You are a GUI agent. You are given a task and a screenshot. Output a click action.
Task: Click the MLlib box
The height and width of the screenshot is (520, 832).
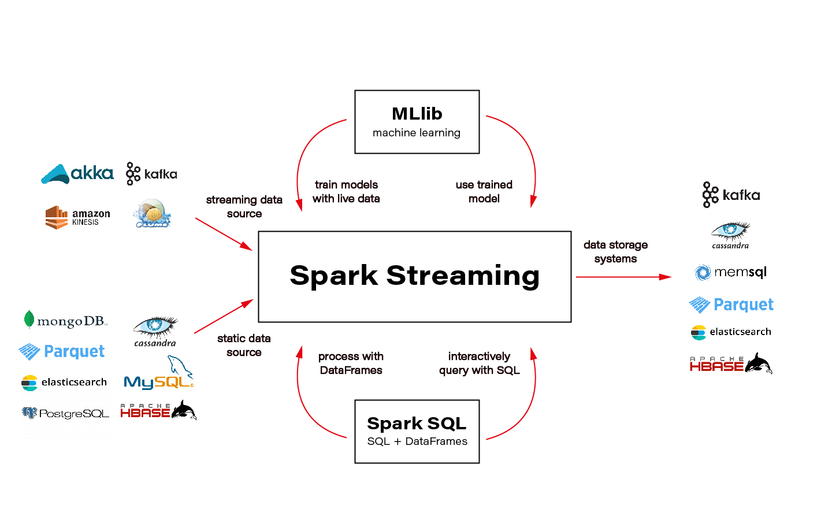(417, 122)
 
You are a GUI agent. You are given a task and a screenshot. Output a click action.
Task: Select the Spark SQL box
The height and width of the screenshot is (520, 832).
(417, 432)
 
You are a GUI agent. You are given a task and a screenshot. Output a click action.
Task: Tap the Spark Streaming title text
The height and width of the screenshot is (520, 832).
(414, 276)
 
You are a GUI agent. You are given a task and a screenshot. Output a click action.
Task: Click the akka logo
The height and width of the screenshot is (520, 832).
(77, 173)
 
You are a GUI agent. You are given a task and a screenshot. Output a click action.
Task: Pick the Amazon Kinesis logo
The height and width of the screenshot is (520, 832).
(77, 217)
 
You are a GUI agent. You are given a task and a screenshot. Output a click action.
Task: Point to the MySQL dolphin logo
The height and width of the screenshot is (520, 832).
(159, 374)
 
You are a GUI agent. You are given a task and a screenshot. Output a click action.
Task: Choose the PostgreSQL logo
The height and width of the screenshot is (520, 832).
(65, 413)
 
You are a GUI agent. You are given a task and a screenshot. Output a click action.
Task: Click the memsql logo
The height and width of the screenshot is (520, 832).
(731, 272)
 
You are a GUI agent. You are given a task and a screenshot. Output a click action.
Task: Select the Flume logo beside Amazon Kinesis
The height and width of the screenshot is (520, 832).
(153, 214)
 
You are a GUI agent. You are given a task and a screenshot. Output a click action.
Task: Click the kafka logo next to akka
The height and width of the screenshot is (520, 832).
(151, 174)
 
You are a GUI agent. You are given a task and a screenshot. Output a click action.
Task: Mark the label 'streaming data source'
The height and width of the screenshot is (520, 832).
(244, 206)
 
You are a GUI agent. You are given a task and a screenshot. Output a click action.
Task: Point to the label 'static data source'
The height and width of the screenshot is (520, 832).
(244, 345)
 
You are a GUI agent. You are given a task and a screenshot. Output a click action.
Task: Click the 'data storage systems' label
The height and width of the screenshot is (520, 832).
(615, 252)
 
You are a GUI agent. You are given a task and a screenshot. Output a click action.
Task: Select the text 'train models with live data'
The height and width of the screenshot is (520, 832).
(346, 191)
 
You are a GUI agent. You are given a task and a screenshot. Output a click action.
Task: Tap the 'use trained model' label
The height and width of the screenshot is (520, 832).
(484, 191)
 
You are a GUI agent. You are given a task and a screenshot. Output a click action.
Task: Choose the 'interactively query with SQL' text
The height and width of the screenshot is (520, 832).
(479, 363)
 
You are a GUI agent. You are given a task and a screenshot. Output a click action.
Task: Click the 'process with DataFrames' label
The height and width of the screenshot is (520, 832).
(351, 363)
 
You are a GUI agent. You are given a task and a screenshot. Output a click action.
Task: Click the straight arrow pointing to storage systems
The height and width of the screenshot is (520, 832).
(623, 277)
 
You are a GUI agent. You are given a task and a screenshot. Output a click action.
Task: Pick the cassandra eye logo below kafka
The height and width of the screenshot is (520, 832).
(730, 235)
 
